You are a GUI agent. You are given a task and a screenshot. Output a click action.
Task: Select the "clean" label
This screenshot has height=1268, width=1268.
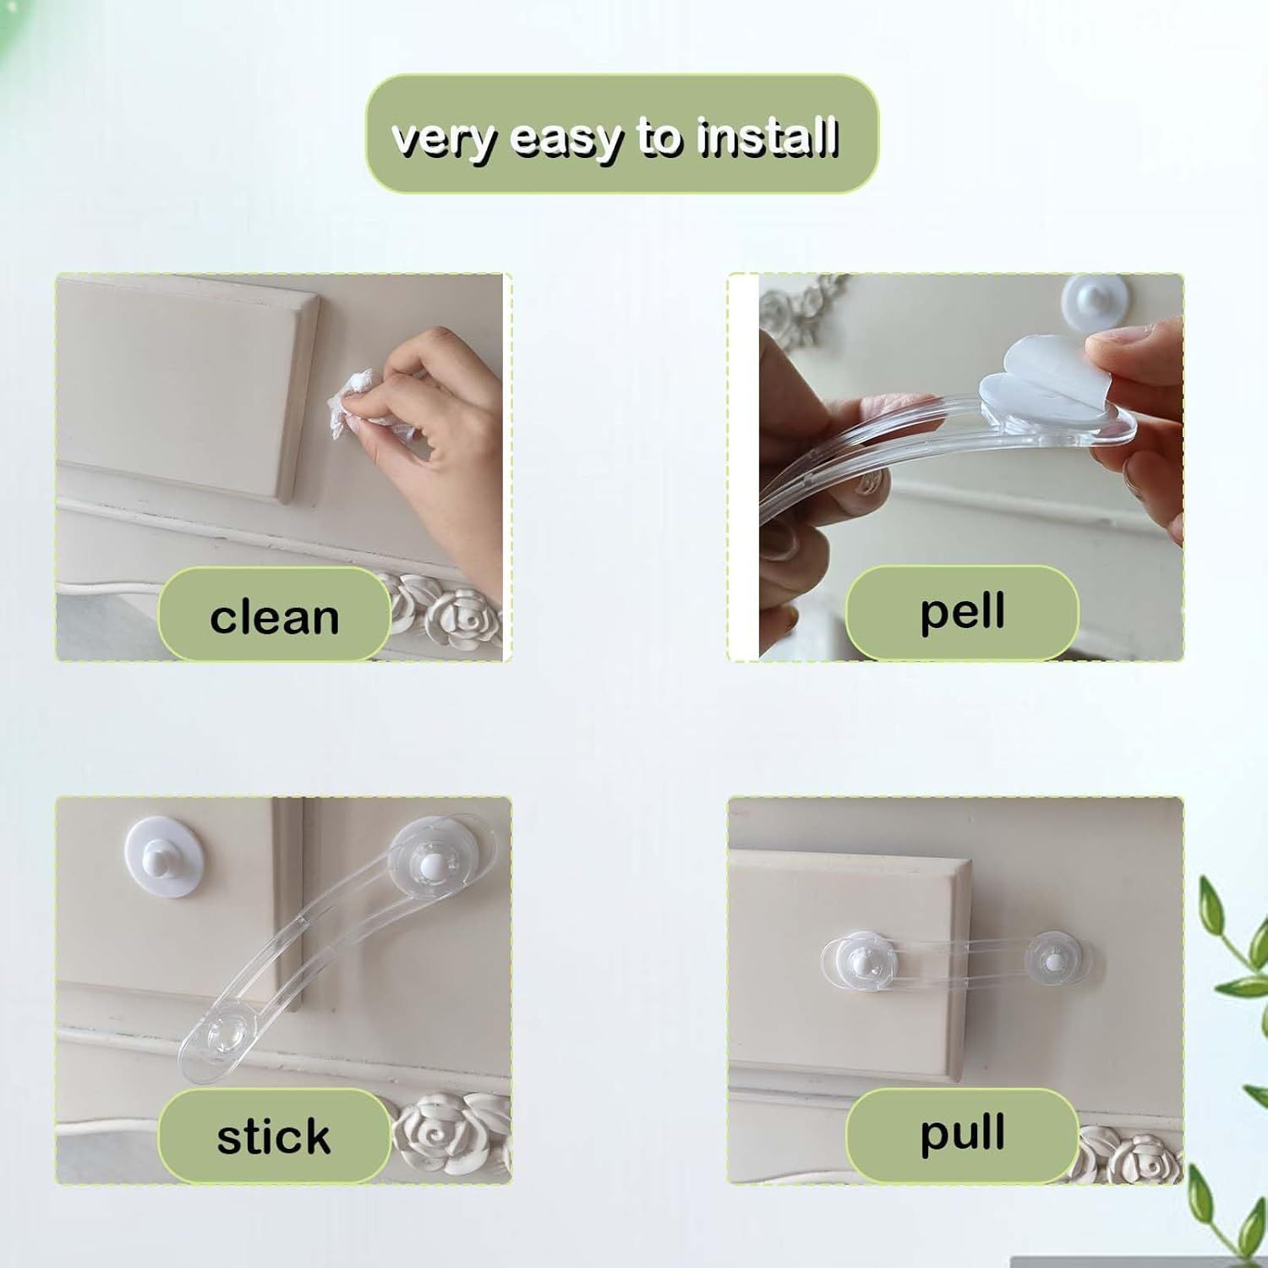[274, 616]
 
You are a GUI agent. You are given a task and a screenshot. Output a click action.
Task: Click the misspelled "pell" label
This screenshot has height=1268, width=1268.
[962, 611]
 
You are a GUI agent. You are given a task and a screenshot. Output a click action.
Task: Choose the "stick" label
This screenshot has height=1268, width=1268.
[274, 1136]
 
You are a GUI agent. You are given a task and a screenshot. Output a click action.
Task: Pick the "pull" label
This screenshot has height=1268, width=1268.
[962, 1133]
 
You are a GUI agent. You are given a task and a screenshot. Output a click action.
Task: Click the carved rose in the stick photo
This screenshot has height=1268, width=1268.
[435, 1133]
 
